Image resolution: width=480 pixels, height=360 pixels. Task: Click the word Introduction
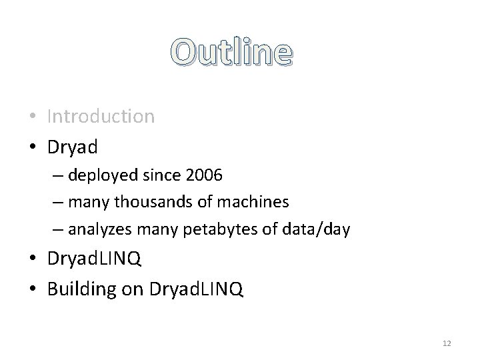click(101, 117)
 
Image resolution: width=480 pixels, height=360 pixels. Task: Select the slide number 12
click(447, 343)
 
